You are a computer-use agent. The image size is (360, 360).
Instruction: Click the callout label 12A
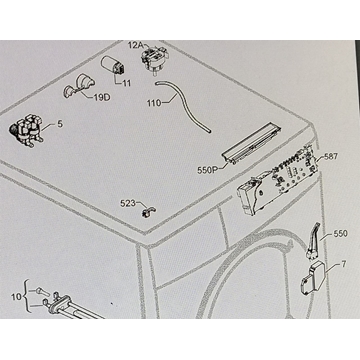(x=136, y=45)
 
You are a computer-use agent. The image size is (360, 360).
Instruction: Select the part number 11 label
(x=126, y=83)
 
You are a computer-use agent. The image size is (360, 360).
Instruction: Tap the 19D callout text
(x=102, y=98)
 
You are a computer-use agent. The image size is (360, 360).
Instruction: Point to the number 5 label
(x=60, y=124)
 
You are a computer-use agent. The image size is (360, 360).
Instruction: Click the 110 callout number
(x=154, y=103)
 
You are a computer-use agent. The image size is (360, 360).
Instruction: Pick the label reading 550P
(x=207, y=170)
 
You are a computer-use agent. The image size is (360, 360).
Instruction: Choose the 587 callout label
(x=331, y=157)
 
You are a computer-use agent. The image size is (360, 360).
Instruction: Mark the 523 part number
(x=128, y=203)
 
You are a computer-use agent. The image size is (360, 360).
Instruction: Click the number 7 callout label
(x=344, y=265)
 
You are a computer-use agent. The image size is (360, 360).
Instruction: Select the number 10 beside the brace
(x=16, y=296)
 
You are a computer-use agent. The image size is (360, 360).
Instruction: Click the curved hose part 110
(x=183, y=106)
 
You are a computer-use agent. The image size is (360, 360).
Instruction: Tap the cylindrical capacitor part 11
(x=113, y=66)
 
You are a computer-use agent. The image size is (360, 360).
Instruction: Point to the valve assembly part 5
(x=26, y=131)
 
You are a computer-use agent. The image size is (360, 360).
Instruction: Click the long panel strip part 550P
(x=252, y=143)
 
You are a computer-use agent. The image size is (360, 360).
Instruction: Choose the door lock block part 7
(x=314, y=278)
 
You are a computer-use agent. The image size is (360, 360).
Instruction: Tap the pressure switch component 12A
(x=153, y=59)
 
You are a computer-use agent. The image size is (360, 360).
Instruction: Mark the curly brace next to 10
(x=27, y=296)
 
